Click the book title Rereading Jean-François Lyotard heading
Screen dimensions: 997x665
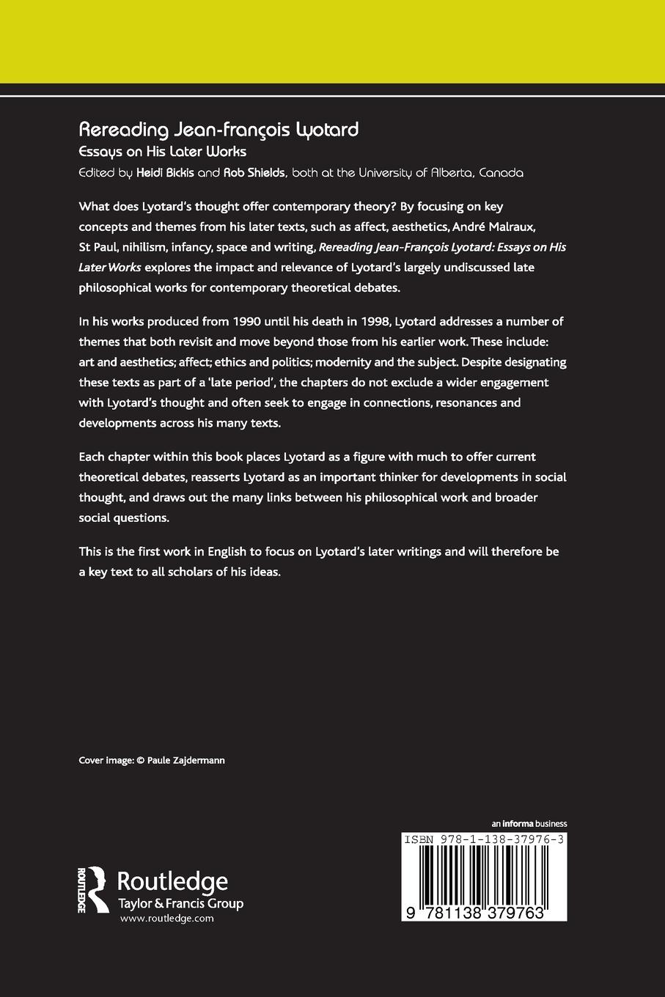click(x=218, y=130)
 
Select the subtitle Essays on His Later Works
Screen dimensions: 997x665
click(x=162, y=152)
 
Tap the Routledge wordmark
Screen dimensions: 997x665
click(x=173, y=881)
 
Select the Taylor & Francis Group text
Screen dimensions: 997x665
click(x=180, y=903)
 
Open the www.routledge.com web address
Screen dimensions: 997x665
click(x=166, y=919)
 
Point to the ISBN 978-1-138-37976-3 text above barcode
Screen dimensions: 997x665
click(x=484, y=839)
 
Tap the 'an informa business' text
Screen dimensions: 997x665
click(x=529, y=823)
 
